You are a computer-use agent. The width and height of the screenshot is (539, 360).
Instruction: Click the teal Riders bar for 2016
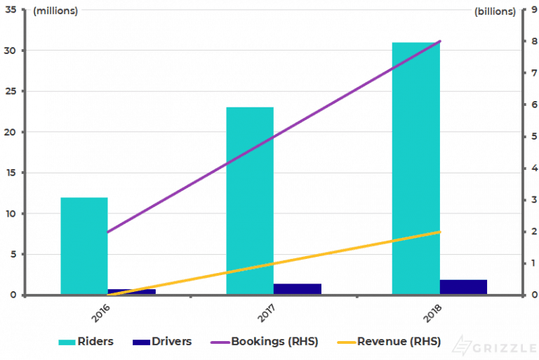tap(84, 246)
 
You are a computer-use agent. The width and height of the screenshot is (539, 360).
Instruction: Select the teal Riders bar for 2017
tap(250, 201)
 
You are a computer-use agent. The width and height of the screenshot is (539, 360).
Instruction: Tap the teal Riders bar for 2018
tap(415, 168)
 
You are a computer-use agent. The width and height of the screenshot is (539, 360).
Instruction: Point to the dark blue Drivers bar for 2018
tap(463, 287)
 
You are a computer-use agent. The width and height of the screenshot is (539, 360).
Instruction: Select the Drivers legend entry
tap(162, 342)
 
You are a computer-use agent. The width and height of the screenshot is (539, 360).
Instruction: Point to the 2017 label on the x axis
tap(267, 311)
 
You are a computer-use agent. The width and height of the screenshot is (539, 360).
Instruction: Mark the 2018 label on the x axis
tap(432, 311)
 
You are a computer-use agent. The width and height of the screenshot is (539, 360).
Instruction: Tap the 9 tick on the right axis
tap(533, 10)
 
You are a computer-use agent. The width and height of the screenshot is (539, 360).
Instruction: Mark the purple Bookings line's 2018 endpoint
tap(439, 41)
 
